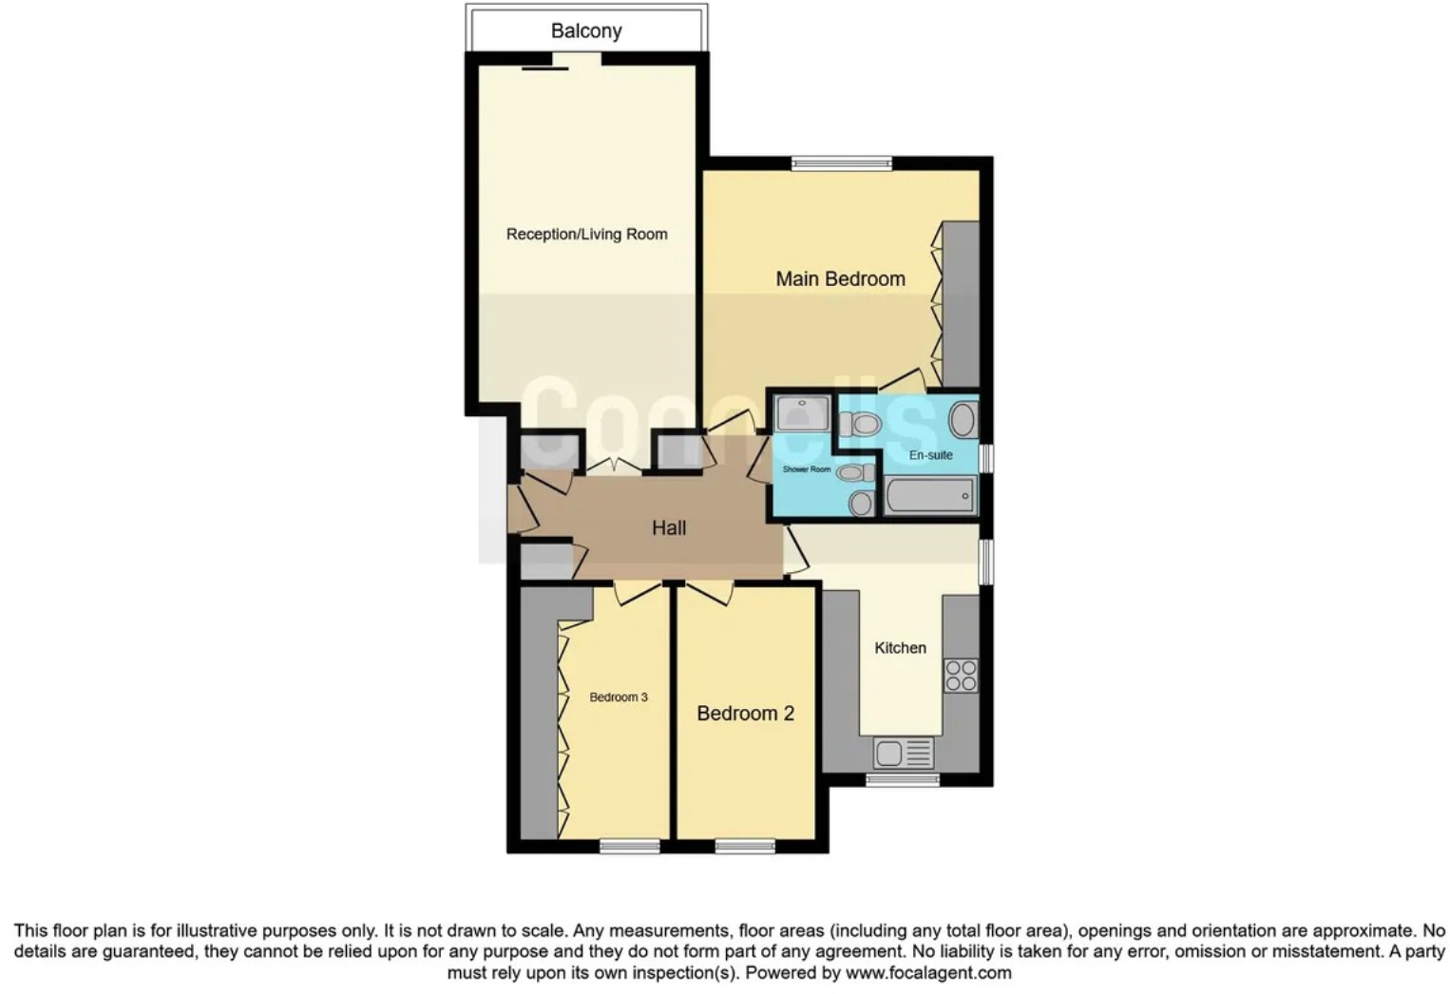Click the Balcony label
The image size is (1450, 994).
point(586,30)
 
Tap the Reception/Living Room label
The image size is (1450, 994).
point(586,234)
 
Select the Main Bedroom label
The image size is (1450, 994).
point(840,278)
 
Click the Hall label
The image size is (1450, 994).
point(668,527)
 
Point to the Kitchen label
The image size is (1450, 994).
point(900,647)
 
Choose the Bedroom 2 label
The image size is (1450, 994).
point(745,713)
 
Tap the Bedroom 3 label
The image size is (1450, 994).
point(618,697)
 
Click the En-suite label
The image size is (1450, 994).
point(930,454)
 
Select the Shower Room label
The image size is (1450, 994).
point(806,469)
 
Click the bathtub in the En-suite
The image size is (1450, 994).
point(929,496)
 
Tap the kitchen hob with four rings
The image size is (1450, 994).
point(961,675)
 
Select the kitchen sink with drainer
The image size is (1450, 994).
point(904,754)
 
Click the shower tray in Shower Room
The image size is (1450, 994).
point(802,414)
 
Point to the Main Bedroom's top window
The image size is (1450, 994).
point(842,163)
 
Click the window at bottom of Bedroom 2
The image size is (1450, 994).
point(744,846)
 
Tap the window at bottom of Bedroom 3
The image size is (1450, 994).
point(630,846)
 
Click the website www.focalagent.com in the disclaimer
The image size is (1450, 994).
point(928,973)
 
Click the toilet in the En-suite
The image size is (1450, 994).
point(862,424)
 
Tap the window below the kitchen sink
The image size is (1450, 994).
point(902,780)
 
